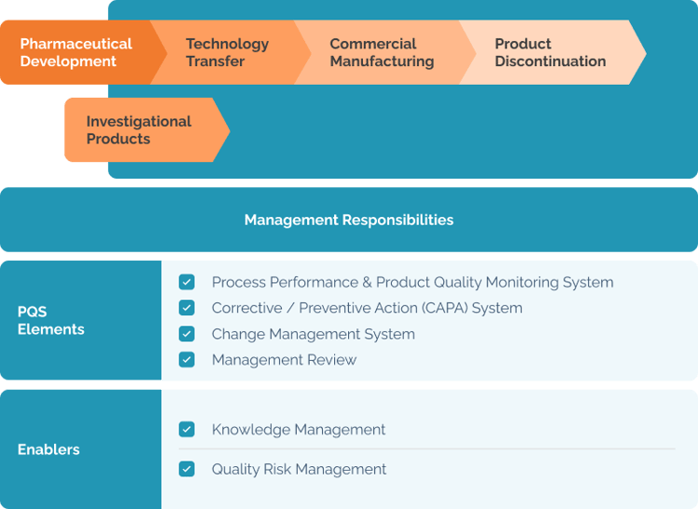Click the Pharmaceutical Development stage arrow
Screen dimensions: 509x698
76,53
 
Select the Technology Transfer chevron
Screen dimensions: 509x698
228,53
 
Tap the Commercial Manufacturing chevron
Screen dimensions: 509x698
382,53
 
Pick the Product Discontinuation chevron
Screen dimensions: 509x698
550,53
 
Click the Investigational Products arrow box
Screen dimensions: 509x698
139,130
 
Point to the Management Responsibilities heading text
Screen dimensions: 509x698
349,221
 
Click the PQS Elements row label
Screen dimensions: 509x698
51,320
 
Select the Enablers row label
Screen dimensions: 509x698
48,449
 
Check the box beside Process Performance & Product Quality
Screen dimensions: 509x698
187,282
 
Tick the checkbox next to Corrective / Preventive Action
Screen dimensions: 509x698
187,308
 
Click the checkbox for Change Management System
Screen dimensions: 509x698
187,334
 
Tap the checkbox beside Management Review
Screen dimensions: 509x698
187,359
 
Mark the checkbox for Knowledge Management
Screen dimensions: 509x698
187,430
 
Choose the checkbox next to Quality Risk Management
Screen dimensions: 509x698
187,469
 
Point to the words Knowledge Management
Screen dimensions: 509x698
299,430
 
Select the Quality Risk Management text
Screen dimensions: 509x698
299,469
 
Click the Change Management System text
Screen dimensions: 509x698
313,334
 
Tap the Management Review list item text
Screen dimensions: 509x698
284,359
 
